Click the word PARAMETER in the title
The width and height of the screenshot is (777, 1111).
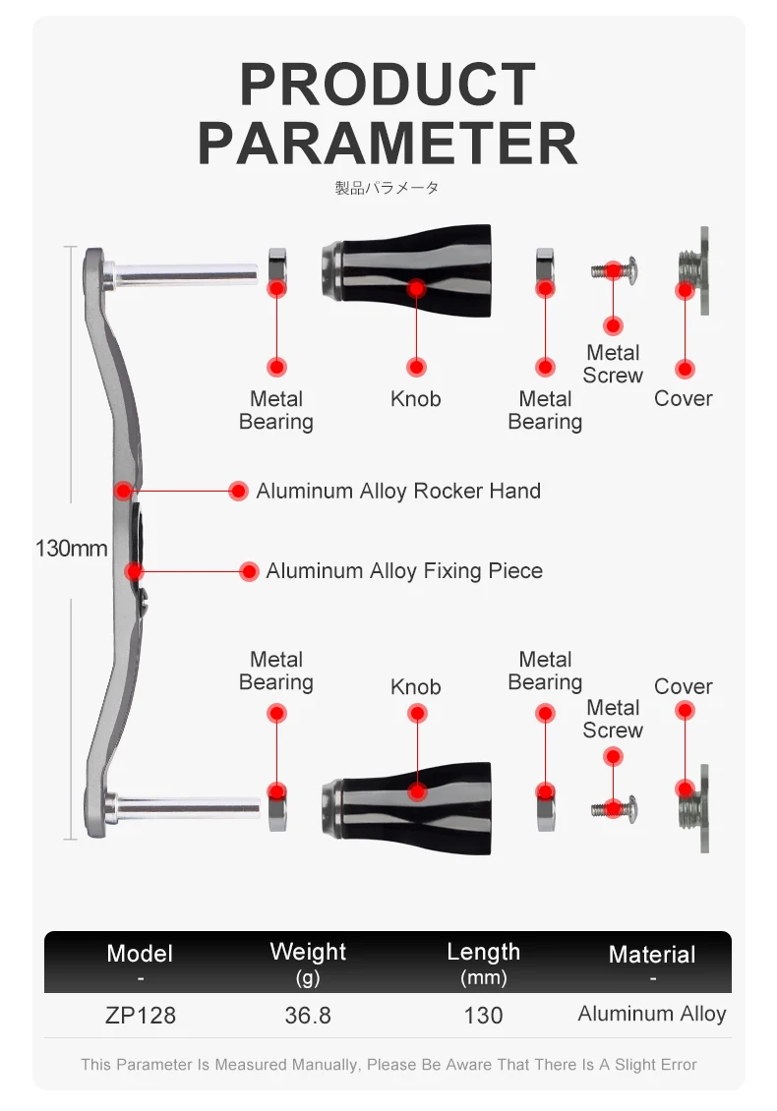[388, 143]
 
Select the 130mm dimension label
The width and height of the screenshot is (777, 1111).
[71, 548]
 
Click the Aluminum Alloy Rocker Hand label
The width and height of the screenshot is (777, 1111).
[398, 491]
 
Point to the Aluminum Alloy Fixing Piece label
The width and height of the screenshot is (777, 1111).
[403, 571]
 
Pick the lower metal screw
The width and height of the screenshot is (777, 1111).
[612, 809]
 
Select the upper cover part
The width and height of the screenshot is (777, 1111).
[693, 270]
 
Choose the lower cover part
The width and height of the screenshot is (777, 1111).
[693, 807]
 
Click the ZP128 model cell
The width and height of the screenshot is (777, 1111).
[140, 1016]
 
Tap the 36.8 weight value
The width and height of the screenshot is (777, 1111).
[308, 1016]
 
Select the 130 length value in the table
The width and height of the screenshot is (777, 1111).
[483, 1016]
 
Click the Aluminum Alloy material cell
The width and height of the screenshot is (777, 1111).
[652, 1014]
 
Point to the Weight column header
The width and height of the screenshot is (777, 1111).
[308, 952]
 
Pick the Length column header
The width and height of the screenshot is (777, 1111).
[483, 952]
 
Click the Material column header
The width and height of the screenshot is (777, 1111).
[652, 955]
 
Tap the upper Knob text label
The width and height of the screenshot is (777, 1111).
[415, 399]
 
